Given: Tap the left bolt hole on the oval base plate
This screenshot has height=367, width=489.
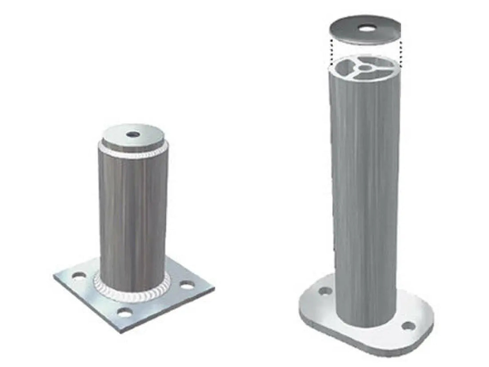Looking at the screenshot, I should tap(325, 291).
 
